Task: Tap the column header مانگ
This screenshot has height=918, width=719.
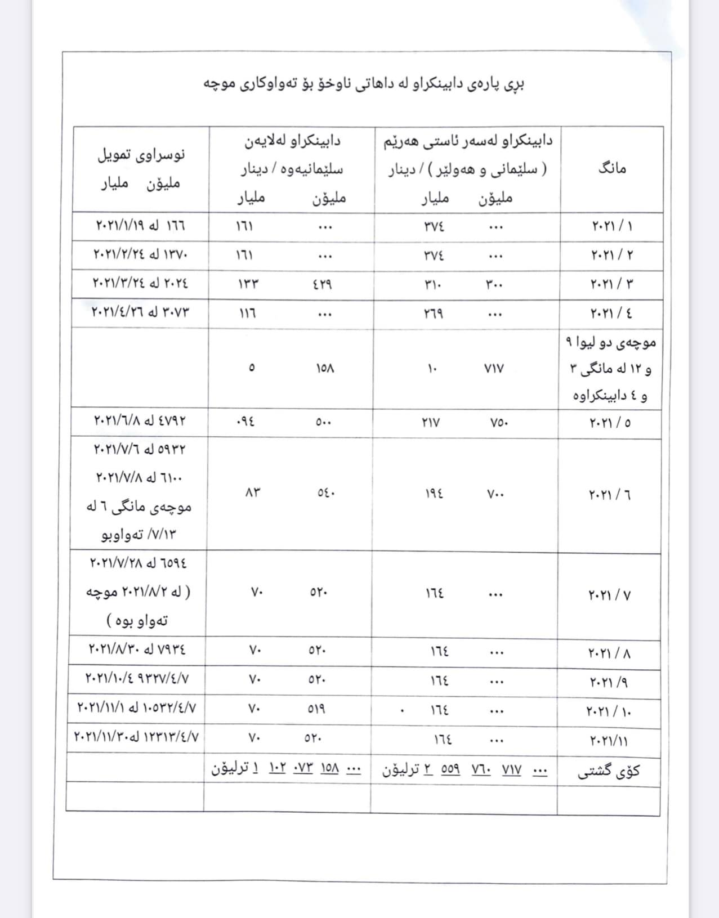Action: click(x=612, y=168)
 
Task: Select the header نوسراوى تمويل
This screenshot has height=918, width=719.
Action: click(x=141, y=155)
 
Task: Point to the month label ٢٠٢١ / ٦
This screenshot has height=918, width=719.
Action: click(x=610, y=495)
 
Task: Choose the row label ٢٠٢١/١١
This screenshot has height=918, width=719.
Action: click(x=609, y=739)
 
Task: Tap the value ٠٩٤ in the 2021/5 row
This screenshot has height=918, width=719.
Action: click(x=246, y=422)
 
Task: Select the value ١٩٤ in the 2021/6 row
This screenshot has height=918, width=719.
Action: click(x=434, y=495)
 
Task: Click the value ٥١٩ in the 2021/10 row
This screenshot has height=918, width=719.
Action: click(x=316, y=709)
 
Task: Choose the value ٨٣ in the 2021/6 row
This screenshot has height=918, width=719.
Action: click(x=252, y=493)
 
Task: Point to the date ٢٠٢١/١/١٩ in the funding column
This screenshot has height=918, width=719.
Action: click(x=118, y=226)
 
